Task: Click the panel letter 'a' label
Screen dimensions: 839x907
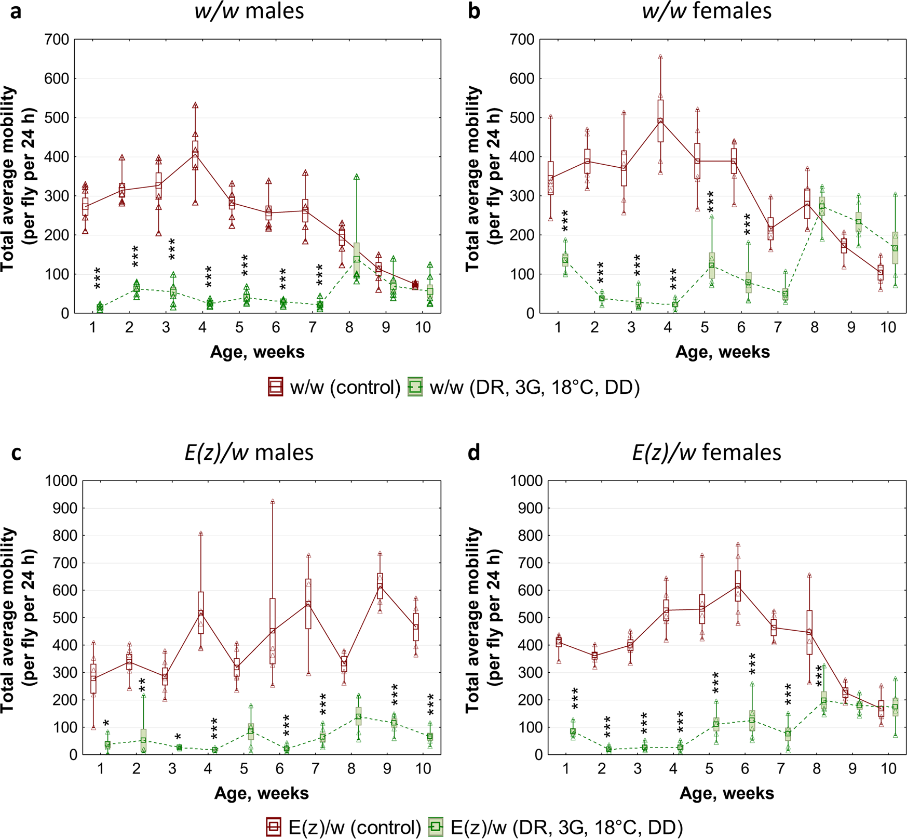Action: click(x=16, y=11)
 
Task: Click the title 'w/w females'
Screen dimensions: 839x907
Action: click(x=707, y=11)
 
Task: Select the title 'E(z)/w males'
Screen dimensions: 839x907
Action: click(x=249, y=452)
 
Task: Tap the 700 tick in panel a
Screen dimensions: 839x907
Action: click(x=58, y=39)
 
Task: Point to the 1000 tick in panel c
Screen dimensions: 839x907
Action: click(x=61, y=481)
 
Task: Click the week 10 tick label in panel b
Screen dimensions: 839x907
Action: click(x=888, y=327)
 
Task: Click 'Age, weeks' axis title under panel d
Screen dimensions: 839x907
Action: click(x=727, y=793)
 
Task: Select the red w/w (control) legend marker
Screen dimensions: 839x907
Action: click(x=275, y=387)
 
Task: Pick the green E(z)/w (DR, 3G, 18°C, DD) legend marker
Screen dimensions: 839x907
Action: click(x=437, y=827)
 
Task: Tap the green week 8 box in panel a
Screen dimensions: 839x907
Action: click(x=357, y=259)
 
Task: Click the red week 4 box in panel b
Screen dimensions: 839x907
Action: click(x=660, y=121)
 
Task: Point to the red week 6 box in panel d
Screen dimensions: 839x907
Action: click(x=738, y=586)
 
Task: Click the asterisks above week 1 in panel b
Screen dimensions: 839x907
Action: click(x=565, y=221)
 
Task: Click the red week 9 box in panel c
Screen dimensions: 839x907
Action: click(x=380, y=586)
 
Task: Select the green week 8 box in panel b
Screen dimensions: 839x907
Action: click(x=822, y=206)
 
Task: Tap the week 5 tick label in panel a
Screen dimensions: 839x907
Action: click(x=239, y=327)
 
